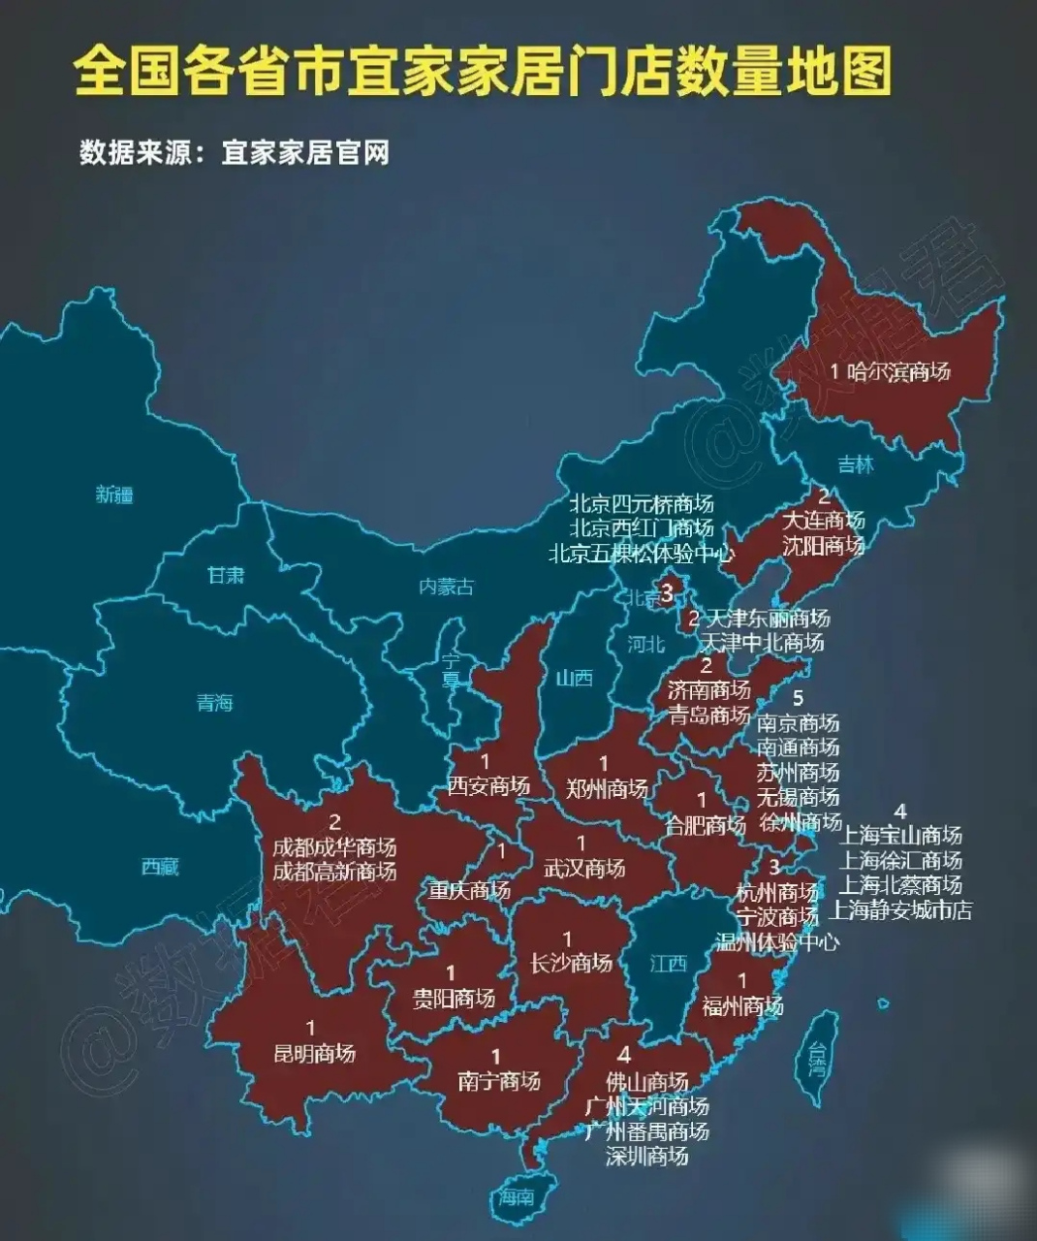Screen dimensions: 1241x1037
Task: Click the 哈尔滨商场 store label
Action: coord(898,371)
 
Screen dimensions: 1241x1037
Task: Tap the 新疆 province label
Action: coord(114,494)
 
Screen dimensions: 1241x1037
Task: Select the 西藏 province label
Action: coord(160,866)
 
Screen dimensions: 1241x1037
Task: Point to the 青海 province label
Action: coord(215,702)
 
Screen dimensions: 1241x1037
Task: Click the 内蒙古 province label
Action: coord(447,587)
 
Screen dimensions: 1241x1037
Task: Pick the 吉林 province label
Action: coord(856,464)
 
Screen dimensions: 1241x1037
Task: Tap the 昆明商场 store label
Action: coord(314,1053)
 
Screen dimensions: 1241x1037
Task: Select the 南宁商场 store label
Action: coord(498,1081)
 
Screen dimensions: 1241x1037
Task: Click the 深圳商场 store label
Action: coord(646,1156)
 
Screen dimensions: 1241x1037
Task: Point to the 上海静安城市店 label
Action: coord(900,910)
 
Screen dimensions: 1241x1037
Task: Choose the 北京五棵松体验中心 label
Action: coord(641,554)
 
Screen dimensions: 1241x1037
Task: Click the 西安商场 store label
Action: coord(488,785)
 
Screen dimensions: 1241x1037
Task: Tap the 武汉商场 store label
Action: coord(584,868)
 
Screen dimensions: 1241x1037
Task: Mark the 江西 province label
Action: coord(669,963)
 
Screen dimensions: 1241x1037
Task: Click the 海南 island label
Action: coord(517,1196)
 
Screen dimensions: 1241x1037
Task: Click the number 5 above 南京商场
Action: coord(798,697)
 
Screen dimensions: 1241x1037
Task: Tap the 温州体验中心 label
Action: coord(776,940)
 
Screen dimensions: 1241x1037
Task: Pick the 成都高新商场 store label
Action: coord(334,871)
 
